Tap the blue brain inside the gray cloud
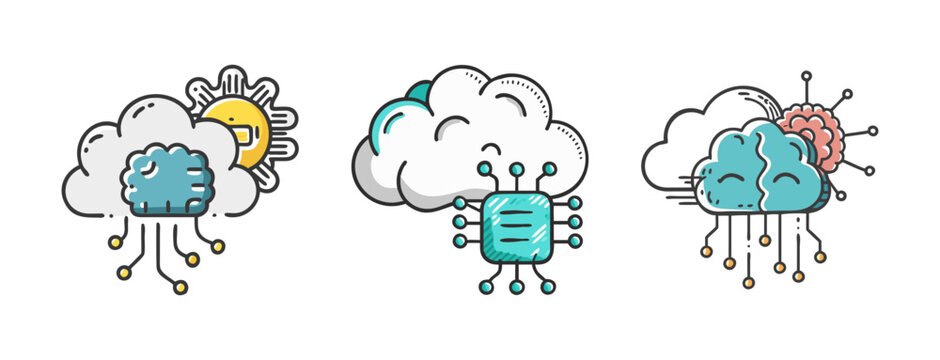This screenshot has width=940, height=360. pyautogui.click(x=167, y=181)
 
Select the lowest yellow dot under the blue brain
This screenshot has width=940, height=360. pyautogui.click(x=180, y=287)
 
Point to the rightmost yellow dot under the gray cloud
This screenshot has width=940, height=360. pyautogui.click(x=218, y=246)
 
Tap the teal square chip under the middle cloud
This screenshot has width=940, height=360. pyautogui.click(x=515, y=228)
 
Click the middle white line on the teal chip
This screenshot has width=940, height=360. pyautogui.click(x=515, y=228)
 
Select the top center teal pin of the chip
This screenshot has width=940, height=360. pyautogui.click(x=516, y=168)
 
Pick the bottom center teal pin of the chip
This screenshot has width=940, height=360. pyautogui.click(x=516, y=287)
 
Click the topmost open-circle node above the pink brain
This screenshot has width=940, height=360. pyautogui.click(x=807, y=75)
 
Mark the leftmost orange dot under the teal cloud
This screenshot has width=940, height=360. pyautogui.click(x=705, y=252)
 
